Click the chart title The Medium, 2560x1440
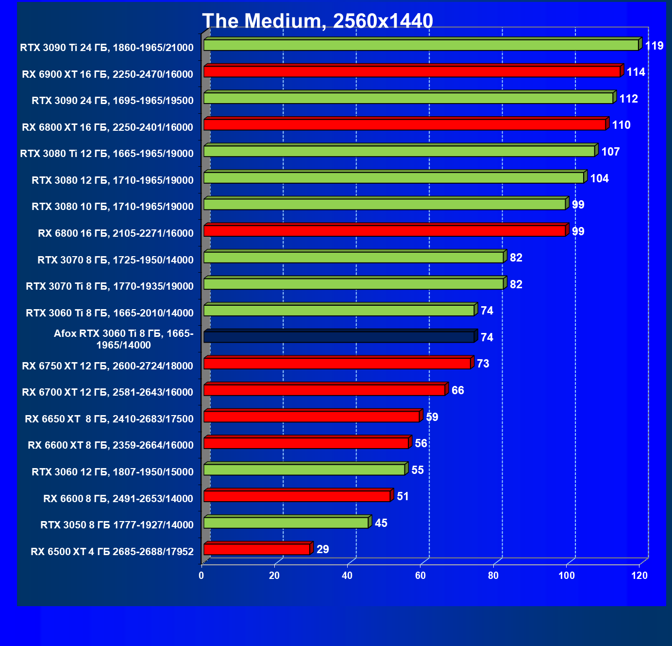(318, 21)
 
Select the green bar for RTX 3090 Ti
(421, 45)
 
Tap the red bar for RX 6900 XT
(412, 72)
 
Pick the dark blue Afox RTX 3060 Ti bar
(338, 337)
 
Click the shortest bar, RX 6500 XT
(257, 549)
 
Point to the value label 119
(654, 46)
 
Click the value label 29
(322, 549)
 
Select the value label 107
(610, 152)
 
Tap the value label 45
(381, 523)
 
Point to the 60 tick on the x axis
(420, 576)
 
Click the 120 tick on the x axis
(639, 576)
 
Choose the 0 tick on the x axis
(202, 576)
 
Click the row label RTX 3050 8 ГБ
(117, 525)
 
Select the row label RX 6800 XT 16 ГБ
(108, 127)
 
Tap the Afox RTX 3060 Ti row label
(123, 339)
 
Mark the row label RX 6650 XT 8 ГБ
(109, 419)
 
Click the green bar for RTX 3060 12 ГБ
(304, 470)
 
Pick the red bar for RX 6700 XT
(324, 390)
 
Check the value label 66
(457, 390)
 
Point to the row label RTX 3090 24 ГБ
(113, 101)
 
